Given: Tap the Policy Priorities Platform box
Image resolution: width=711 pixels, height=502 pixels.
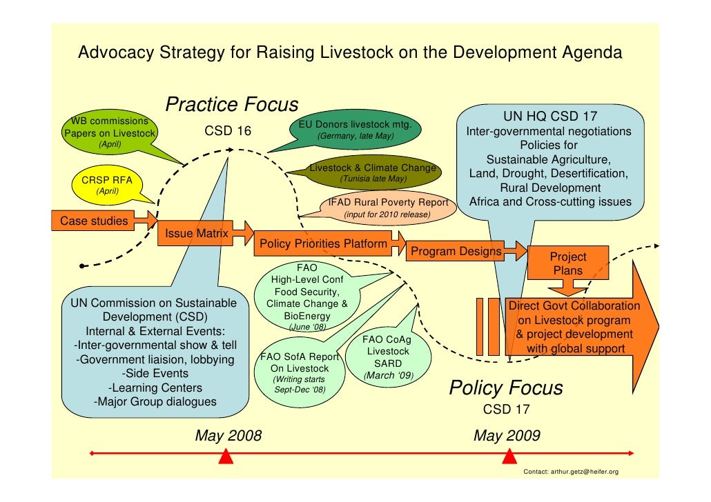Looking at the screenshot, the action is pyautogui.click(x=323, y=244).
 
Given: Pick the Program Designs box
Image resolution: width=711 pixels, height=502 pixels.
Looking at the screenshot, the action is pyautogui.click(x=456, y=251).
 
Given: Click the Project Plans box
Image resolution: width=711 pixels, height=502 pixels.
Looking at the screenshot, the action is pyautogui.click(x=567, y=263).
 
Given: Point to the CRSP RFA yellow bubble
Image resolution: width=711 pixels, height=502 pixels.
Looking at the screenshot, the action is pyautogui.click(x=107, y=184).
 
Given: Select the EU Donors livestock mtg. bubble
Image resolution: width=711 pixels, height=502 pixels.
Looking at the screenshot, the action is pyautogui.click(x=355, y=130).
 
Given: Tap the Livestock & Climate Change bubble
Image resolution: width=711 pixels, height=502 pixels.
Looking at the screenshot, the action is pyautogui.click(x=373, y=173).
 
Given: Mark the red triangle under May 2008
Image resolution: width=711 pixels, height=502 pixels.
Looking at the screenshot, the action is pyautogui.click(x=224, y=456).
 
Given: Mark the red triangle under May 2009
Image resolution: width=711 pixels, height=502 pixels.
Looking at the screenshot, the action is pyautogui.click(x=509, y=456).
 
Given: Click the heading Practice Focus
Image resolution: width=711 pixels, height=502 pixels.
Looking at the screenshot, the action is pyautogui.click(x=232, y=106).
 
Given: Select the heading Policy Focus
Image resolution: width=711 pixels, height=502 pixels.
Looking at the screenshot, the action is pyautogui.click(x=506, y=388).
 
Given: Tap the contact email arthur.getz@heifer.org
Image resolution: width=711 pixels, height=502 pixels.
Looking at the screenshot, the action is pyautogui.click(x=571, y=472).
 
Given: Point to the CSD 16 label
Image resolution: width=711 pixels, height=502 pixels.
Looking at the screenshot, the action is pyautogui.click(x=228, y=131).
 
